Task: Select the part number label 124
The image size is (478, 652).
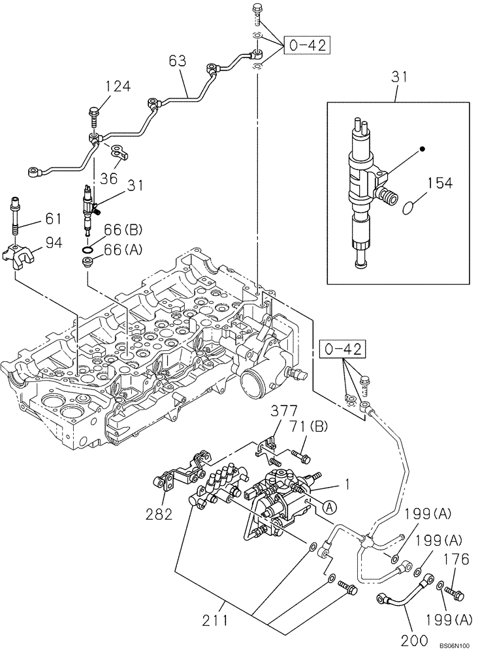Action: [118, 87]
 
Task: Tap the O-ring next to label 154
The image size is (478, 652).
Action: [408, 209]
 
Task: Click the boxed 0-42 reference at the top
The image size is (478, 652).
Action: [306, 45]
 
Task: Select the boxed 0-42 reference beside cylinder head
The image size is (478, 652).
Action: [343, 351]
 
